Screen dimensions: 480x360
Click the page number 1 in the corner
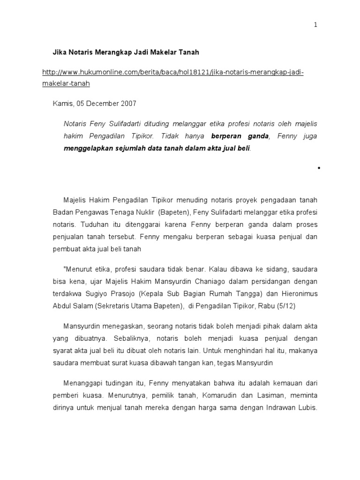315,25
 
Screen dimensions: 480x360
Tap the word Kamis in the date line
61,104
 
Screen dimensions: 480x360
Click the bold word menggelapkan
88,149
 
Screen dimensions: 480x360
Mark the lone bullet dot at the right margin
319,167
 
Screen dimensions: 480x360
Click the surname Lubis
307,407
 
